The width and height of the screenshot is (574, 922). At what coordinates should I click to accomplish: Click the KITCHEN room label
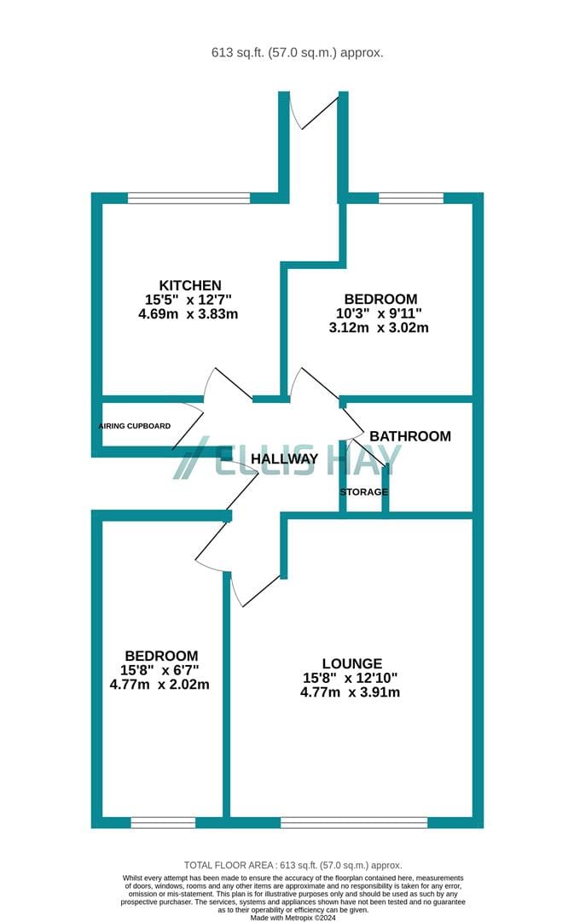(x=190, y=285)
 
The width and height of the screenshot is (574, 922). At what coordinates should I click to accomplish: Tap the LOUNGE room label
(x=352, y=663)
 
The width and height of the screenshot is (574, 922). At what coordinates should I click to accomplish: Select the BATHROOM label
(x=410, y=436)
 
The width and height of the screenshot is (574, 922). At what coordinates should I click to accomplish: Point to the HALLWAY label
(x=284, y=458)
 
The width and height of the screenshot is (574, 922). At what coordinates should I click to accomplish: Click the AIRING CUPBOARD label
(x=135, y=426)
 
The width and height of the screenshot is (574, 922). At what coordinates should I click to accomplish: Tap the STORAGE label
(x=363, y=492)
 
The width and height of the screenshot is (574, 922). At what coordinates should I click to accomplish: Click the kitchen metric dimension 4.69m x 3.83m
(x=188, y=314)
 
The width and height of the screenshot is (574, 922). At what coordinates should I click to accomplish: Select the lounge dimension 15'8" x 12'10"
(x=351, y=678)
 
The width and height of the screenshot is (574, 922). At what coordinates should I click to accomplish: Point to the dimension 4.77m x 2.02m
(x=159, y=685)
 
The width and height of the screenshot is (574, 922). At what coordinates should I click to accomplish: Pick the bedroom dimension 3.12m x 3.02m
(x=379, y=328)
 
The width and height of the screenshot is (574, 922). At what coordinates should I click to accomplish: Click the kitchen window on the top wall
(x=188, y=198)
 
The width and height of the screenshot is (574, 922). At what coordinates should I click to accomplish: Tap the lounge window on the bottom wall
(x=354, y=822)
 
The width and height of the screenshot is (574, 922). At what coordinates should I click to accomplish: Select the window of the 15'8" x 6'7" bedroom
(x=163, y=822)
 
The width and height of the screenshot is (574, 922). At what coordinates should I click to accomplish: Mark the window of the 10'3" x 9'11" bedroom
(x=411, y=198)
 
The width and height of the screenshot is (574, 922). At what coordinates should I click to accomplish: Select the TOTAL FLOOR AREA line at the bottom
(x=293, y=866)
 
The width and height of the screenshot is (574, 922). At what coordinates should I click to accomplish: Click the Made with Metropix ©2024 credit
(x=293, y=917)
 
